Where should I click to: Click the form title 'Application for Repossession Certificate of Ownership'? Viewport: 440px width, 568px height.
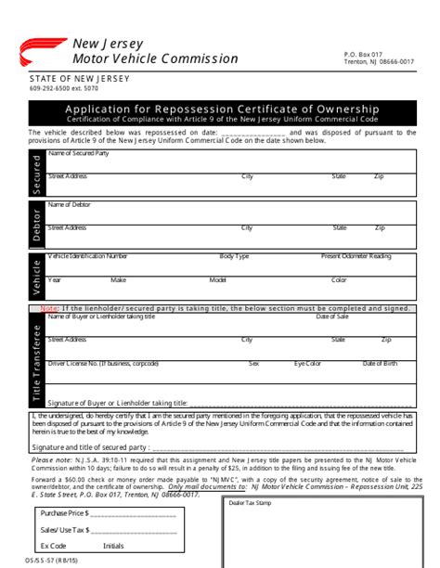[x=222, y=109]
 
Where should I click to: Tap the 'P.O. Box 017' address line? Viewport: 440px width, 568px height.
[x=364, y=55]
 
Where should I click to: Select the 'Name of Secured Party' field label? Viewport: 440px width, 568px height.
[x=79, y=152]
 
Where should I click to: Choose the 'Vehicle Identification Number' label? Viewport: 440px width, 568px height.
[x=88, y=255]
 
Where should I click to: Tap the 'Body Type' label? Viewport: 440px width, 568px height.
[x=234, y=255]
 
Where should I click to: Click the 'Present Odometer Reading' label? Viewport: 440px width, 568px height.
[x=356, y=255]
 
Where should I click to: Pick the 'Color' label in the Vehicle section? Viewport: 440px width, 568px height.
[x=339, y=279]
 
